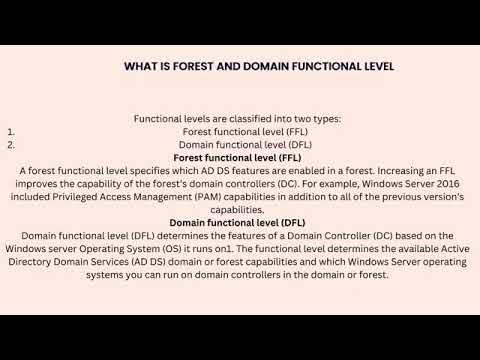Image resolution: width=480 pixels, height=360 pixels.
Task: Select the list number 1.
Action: click(9, 131)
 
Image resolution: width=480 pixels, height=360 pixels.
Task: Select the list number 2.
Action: click(10, 144)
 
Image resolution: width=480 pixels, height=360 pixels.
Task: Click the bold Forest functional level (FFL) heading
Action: click(237, 157)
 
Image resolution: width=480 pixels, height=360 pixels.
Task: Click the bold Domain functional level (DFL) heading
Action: click(237, 222)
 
